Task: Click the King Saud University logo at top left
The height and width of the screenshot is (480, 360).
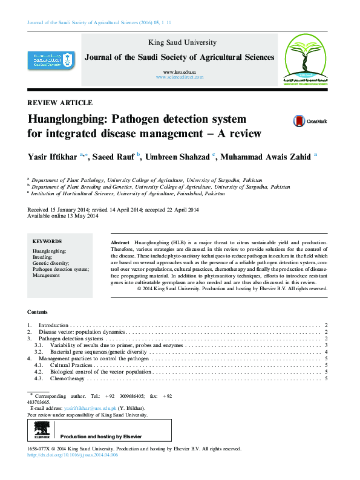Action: (52, 59)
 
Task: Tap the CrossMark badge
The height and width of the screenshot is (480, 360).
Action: (310, 121)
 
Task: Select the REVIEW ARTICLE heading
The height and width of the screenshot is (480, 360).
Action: (60, 103)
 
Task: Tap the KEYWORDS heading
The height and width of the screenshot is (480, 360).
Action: (47, 241)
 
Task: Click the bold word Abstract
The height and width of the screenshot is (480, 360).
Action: (120, 242)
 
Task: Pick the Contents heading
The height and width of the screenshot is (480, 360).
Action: (38, 312)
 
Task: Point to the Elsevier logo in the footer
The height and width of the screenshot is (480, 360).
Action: (42, 430)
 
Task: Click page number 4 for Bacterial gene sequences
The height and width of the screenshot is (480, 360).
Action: (326, 352)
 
